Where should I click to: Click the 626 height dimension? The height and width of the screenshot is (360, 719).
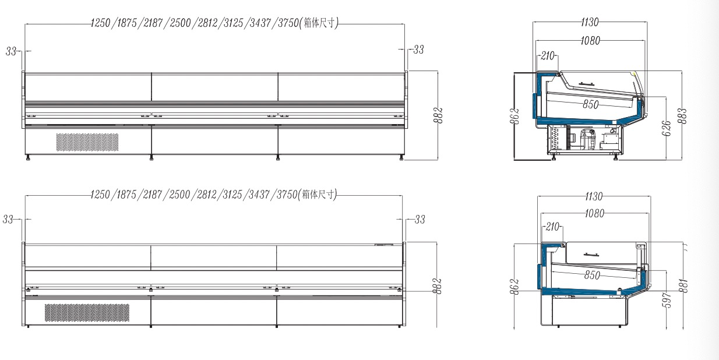[666, 128]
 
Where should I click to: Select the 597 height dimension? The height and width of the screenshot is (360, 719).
[667, 301]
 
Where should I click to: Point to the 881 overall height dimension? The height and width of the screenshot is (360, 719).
[683, 285]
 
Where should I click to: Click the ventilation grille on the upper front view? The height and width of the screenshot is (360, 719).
[87, 142]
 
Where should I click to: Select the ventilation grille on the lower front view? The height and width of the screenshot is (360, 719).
[87, 312]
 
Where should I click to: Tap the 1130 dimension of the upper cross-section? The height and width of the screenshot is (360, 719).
[590, 22]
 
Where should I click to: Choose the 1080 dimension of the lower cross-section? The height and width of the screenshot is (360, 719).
[594, 213]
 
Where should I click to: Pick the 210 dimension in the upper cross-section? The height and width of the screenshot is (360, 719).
[548, 56]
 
